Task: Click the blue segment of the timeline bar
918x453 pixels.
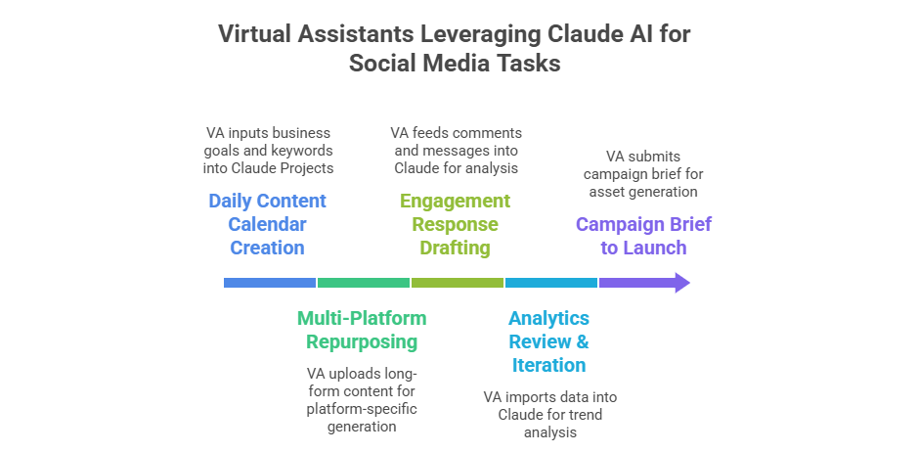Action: pos(270,283)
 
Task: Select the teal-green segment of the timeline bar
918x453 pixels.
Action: pos(364,283)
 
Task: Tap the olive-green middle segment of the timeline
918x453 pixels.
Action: pos(458,283)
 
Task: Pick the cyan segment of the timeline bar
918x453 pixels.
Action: pos(551,283)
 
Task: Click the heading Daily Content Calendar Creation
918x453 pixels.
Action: pos(268,224)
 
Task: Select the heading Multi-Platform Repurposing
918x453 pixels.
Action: pos(362,330)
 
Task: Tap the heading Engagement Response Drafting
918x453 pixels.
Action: pos(455,224)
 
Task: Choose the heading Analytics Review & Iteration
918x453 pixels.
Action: pos(549,341)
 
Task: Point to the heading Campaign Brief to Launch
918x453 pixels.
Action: pos(643,236)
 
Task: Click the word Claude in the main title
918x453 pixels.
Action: pos(587,34)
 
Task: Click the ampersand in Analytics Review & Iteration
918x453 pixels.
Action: pos(582,341)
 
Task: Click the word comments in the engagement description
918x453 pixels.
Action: pos(491,133)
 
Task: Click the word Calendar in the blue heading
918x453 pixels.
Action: pos(268,224)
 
